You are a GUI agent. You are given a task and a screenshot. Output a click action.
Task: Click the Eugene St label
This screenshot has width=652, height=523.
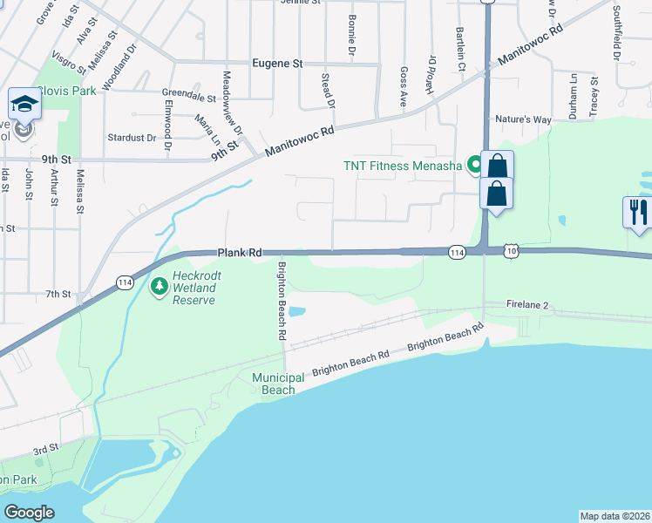pyautogui.click(x=276, y=64)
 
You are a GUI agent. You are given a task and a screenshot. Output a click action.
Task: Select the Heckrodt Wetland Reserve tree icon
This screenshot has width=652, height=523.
pyautogui.click(x=160, y=285)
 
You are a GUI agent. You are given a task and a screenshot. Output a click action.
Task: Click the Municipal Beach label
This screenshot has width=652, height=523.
pyautogui.click(x=278, y=384)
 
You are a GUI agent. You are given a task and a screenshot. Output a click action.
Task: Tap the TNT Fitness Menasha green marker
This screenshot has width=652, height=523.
pyautogui.click(x=475, y=163)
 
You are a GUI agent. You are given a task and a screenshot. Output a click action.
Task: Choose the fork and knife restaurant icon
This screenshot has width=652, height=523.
pyautogui.click(x=637, y=212)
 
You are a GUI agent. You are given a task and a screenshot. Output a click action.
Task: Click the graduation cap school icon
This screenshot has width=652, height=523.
pyautogui.click(x=23, y=106)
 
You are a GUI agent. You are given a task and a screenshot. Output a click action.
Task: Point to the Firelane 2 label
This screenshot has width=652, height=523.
pyautogui.click(x=528, y=305)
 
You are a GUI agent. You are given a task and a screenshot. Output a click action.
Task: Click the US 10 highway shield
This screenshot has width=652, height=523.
pyautogui.click(x=511, y=251)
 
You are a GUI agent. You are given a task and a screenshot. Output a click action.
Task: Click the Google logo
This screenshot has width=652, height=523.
pyautogui.click(x=29, y=512)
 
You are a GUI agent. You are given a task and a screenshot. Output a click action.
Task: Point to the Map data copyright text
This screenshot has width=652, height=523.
pyautogui.click(x=615, y=516)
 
